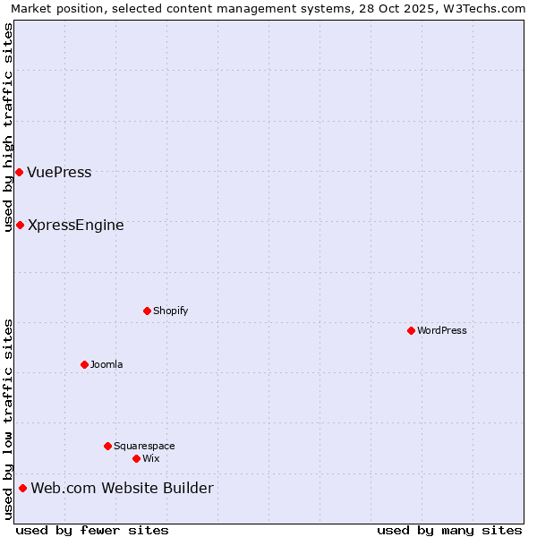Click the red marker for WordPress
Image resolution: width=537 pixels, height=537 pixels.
[x=411, y=330]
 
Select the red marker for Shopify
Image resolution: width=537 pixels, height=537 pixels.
[x=147, y=311]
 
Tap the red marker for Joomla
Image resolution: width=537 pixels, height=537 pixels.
[x=84, y=364]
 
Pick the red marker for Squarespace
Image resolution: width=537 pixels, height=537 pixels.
[x=107, y=446]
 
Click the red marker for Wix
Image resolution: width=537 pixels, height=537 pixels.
[x=136, y=458]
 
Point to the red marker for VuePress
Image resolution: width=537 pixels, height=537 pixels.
[x=19, y=172]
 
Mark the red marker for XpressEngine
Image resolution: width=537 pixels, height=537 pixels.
[x=20, y=225]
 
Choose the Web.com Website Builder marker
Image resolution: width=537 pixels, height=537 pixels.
[x=22, y=488]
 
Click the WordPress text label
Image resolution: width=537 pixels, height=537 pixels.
[x=442, y=330]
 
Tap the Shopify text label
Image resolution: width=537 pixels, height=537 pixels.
[x=170, y=311]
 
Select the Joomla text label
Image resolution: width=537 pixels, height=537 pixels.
[x=107, y=364]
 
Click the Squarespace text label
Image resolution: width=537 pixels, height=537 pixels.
[x=144, y=446]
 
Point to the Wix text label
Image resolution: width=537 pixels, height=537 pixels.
[x=150, y=458]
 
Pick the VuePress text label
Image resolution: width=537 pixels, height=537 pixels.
[x=59, y=173]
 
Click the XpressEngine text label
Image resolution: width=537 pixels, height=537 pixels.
[x=76, y=226]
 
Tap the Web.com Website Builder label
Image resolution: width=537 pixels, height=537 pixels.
[x=123, y=488]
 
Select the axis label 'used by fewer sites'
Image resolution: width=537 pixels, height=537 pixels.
[x=92, y=530]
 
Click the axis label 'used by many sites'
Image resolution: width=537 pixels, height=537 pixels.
[x=449, y=530]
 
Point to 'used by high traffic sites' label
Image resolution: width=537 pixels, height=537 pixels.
[x=9, y=127]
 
